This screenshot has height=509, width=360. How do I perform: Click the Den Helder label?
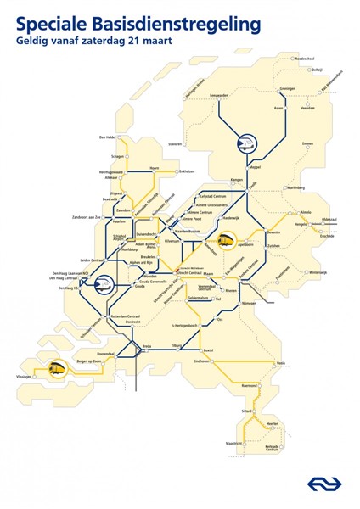tap(107, 137)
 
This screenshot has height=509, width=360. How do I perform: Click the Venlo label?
tap(305, 365)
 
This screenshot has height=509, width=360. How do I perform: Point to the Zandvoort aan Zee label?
tap(86, 218)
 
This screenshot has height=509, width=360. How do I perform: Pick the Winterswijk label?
tap(317, 273)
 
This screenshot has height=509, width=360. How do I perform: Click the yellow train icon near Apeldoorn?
tap(225, 243)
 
